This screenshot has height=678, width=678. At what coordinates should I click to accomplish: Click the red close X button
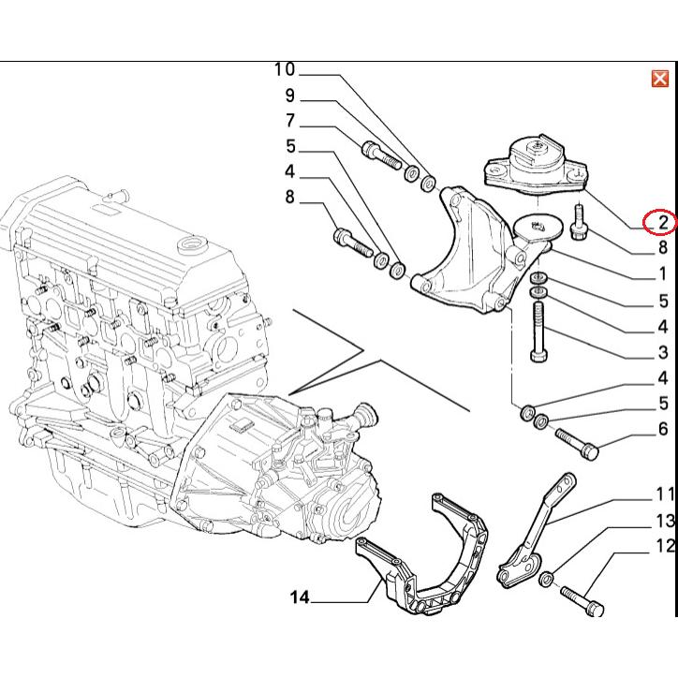coord(660,79)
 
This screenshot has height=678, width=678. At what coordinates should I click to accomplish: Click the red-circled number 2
coord(663,222)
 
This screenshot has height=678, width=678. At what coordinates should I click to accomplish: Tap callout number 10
coord(285,69)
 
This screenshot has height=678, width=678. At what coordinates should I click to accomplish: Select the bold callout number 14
coord(300,597)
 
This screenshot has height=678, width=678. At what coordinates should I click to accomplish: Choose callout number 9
coord(289,96)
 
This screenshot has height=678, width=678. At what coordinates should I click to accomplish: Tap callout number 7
coord(290,121)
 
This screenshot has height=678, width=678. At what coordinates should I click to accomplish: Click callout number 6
coord(663,429)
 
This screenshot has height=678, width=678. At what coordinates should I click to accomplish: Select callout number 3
coord(663,352)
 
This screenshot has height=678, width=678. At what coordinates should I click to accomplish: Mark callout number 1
coord(663,273)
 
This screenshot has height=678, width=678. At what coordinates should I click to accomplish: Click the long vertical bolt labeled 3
coord(538,332)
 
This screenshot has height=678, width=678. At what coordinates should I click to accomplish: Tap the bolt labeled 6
coord(577,444)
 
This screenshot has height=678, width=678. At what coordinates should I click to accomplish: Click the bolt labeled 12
coord(582,601)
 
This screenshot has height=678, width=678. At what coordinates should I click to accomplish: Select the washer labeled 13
coord(547,578)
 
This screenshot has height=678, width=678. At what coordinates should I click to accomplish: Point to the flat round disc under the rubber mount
coord(538,227)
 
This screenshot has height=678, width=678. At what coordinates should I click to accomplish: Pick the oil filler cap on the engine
coord(191,245)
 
